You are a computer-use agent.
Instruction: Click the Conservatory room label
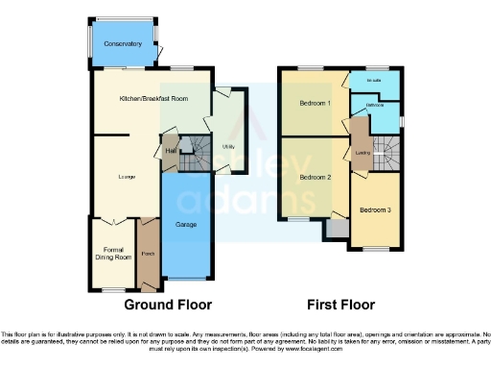tap(123, 43)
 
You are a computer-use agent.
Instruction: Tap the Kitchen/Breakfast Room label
tap(153, 99)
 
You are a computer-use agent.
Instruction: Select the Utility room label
tap(228, 147)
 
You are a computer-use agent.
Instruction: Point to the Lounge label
tap(126, 176)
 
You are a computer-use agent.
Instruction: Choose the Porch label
tap(149, 255)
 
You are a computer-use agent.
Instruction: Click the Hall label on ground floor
tap(171, 151)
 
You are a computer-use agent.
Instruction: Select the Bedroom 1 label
tap(316, 103)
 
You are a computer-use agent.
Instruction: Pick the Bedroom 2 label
tap(316, 178)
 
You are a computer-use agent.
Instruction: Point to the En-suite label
tap(374, 80)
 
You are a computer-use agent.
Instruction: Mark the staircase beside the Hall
tap(196, 147)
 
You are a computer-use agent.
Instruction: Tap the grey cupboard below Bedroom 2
tap(337, 229)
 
